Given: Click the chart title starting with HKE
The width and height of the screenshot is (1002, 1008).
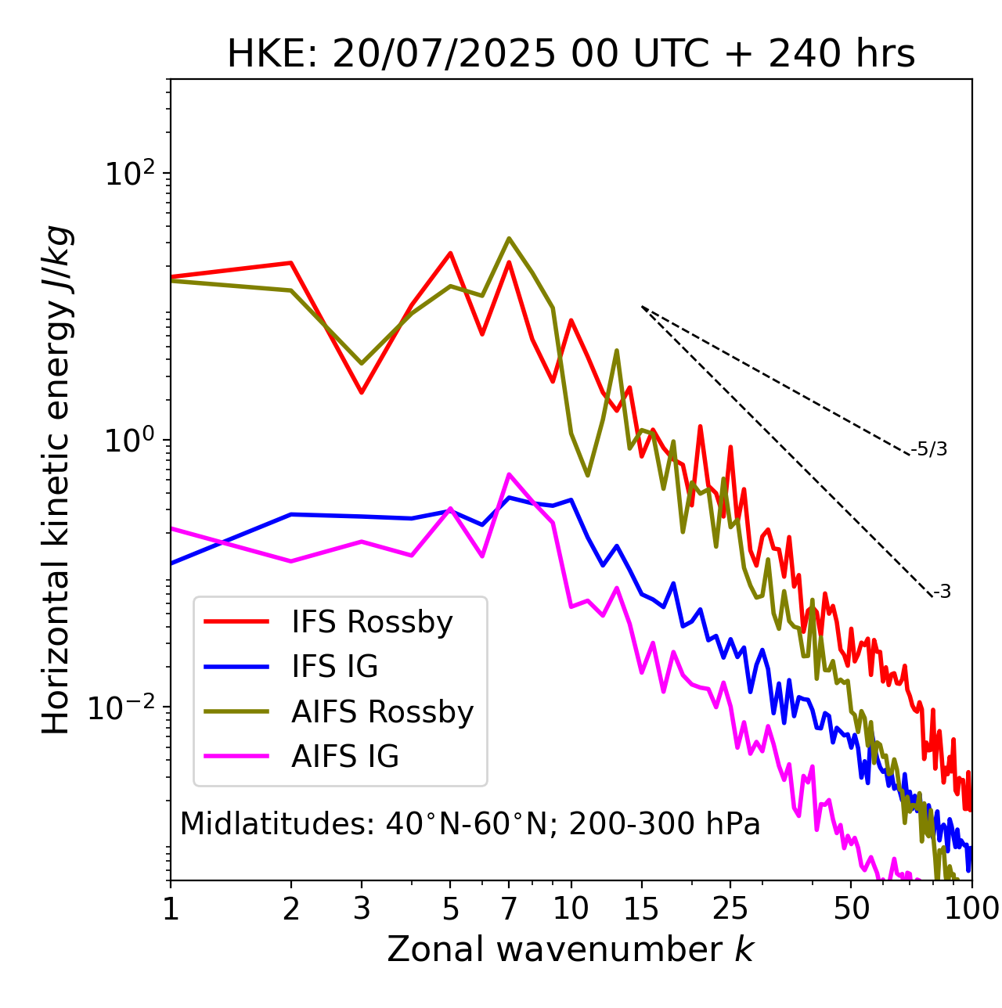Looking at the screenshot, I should coord(571,54).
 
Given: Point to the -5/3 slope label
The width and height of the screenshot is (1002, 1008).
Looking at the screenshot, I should coord(929,449).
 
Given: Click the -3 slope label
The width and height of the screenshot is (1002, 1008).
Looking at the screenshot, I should coord(942,592).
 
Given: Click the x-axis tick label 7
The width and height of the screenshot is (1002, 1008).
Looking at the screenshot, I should coord(509,909).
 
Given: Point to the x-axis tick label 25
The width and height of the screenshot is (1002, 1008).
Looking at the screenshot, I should coord(730,909).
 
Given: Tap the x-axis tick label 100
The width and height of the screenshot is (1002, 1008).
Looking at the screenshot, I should coord(971,909).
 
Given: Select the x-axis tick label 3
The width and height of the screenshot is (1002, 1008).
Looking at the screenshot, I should coord(362,909).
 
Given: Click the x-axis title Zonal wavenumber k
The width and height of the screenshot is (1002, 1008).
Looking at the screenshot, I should coord(571,949).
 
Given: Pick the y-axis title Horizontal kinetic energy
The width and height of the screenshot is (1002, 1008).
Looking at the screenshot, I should coord(56,480).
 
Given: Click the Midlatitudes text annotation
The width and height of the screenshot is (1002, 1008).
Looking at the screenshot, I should coord(470,824).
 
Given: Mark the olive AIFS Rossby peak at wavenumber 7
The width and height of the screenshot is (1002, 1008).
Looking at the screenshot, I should coord(509,239).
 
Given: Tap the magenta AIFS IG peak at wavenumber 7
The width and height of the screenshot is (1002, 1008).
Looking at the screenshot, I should coord(509,474).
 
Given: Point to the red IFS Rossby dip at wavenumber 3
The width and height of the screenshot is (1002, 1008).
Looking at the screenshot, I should coord(362,392).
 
